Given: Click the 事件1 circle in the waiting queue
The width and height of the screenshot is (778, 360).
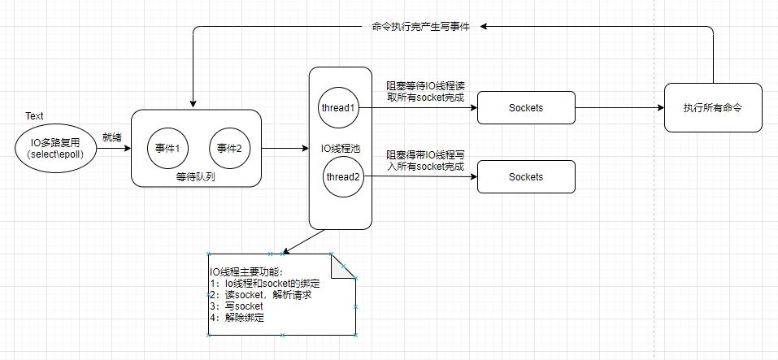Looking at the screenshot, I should (167, 148).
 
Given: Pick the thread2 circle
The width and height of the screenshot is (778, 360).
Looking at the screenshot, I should (343, 177).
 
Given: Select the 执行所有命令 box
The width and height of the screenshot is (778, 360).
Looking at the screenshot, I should (713, 107).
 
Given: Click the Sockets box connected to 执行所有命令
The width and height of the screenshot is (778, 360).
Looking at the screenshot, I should (526, 107).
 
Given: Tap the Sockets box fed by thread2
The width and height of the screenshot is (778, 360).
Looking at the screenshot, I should (526, 176).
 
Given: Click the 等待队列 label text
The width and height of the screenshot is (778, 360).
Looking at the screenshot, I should (195, 176).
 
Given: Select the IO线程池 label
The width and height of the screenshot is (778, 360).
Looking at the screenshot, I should (341, 148).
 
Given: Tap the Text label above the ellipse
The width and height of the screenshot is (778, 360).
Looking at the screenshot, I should (34, 117).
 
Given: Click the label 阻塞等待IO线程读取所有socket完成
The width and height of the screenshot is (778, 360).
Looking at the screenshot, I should (424, 90).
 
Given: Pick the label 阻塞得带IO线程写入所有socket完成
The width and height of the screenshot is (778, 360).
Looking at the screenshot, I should (424, 159).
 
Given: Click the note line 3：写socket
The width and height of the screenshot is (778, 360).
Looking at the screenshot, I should (237, 306).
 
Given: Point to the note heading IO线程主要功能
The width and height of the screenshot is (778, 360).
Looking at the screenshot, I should (244, 271).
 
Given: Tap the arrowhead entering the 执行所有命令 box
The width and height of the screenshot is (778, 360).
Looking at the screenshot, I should (660, 107).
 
